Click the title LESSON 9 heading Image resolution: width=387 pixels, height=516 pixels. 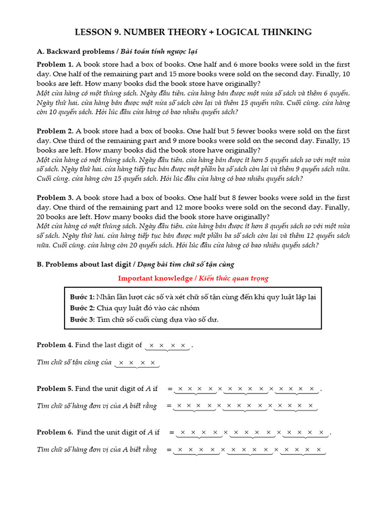tap(193, 32)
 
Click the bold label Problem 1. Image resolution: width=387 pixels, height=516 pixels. tap(55, 64)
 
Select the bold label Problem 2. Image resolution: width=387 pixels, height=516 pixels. tap(55, 131)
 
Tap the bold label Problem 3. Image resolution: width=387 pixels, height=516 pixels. tap(55, 198)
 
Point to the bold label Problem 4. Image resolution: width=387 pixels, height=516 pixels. tap(55, 345)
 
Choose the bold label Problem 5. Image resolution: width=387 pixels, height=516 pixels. tap(55, 389)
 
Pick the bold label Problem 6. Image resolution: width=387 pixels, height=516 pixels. tap(55, 432)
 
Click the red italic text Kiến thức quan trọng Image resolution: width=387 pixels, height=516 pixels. tap(233, 278)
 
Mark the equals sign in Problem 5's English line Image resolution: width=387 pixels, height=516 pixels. tap(170, 389)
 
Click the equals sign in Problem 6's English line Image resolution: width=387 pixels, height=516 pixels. tap(171, 433)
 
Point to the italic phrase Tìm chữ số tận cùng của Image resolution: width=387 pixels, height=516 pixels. tap(74, 362)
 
